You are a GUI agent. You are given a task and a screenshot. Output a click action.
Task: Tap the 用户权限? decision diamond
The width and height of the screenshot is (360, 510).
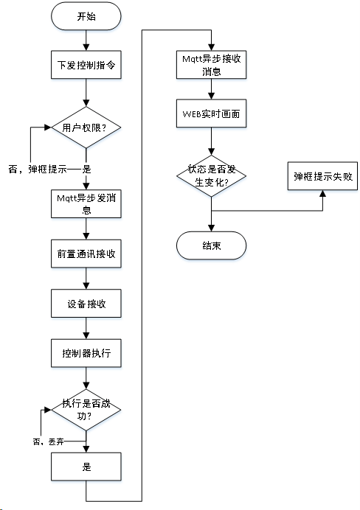86,128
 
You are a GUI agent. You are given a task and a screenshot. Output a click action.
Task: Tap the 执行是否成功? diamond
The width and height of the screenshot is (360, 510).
86,410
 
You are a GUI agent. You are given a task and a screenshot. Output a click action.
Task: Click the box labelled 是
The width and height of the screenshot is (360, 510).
86,467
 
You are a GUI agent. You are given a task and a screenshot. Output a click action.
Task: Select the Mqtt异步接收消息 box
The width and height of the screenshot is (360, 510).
212,64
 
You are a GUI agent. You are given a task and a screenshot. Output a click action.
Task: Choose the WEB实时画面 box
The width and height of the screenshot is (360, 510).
212,116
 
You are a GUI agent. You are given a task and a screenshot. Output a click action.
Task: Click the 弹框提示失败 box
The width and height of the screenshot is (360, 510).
323,177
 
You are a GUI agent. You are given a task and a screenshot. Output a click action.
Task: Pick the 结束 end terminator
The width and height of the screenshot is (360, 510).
212,246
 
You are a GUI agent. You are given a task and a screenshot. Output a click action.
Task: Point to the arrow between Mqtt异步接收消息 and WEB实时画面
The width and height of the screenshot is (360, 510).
212,90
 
